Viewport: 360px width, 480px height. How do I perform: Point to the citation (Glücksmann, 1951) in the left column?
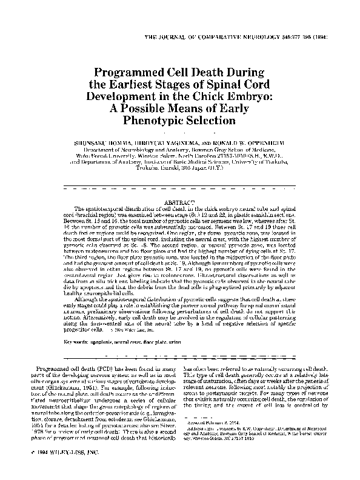pyautogui.click(x=89, y=384)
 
